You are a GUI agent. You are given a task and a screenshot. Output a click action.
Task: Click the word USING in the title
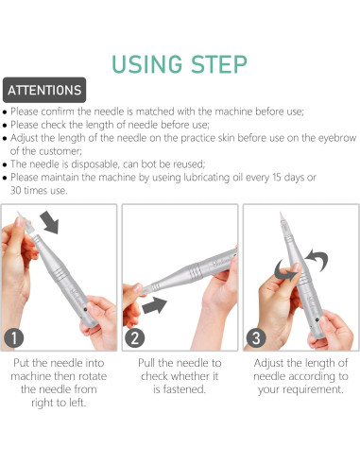click(x=147, y=64)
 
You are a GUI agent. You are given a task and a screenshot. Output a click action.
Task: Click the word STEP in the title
click(x=219, y=64)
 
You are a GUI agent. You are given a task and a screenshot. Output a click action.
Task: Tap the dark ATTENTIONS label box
click(x=44, y=90)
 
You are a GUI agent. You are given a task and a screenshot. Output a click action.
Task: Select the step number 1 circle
click(x=14, y=337)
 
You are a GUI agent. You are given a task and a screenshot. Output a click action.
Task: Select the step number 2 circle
click(x=135, y=337)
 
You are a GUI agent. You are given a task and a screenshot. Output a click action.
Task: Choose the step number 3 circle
click(x=256, y=337)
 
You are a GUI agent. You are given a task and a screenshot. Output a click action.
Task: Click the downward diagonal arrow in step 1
click(x=50, y=222)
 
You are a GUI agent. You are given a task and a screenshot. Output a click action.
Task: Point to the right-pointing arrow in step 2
click(x=154, y=305)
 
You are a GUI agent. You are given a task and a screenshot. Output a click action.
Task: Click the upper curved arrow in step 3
click(x=317, y=259)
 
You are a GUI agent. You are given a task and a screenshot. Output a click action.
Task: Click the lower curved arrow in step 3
click(x=285, y=270)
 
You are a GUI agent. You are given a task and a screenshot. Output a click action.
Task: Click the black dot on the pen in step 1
click(x=85, y=309)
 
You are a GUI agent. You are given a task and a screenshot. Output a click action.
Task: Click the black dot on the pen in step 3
click(x=317, y=320)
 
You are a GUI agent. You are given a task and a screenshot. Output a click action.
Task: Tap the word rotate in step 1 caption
click(x=93, y=376)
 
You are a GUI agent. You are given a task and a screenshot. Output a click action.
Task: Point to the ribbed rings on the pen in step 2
click(x=196, y=270)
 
